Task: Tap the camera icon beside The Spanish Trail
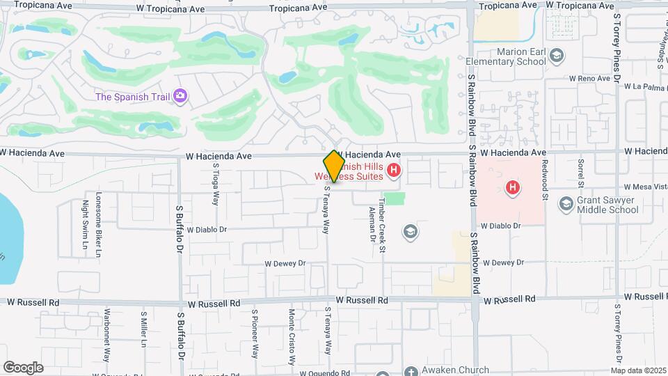pos(180,96)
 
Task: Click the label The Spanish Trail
pos(132,97)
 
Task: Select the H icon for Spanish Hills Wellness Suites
pos(395,170)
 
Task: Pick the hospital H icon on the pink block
pos(513,187)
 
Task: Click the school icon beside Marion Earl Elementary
pos(557,55)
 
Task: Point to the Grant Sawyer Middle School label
pos(607,205)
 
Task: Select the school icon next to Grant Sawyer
pos(566,204)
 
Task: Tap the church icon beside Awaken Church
pos(412,370)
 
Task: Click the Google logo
pos(23,368)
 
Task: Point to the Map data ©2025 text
pos(639,370)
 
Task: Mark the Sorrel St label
pos(580,173)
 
